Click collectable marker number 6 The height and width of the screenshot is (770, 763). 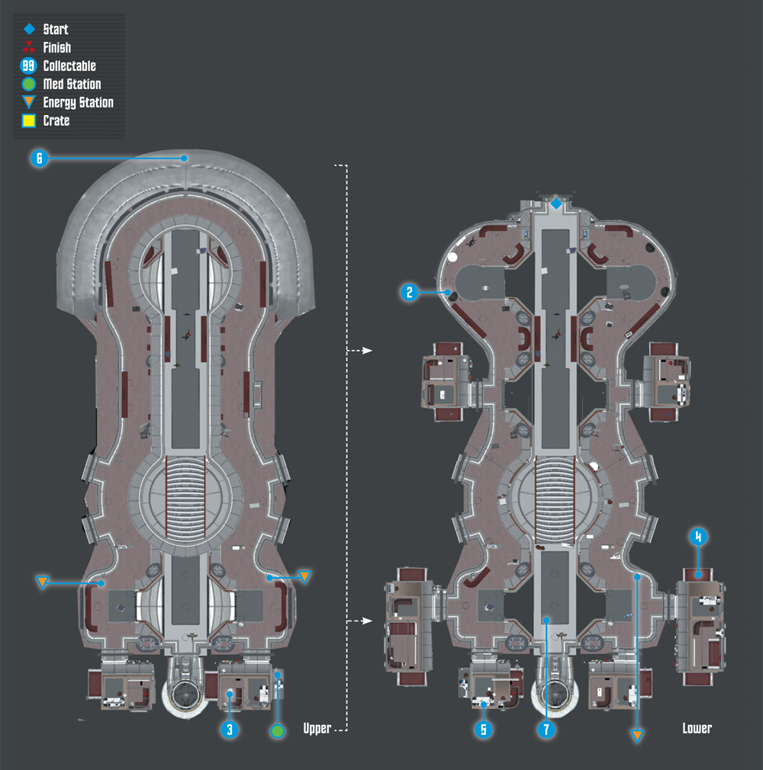[x=40, y=158]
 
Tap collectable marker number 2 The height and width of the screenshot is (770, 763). [x=409, y=293]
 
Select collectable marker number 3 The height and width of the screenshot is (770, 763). [x=230, y=730]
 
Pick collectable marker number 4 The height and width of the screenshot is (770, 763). [x=698, y=537]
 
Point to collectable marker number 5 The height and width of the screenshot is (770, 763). [x=484, y=730]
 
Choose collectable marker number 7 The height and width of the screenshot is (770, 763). [x=546, y=730]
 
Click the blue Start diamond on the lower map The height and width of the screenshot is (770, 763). [x=556, y=204]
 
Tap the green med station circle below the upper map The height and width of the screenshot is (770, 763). [x=278, y=731]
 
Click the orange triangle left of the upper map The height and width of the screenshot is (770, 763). [x=42, y=582]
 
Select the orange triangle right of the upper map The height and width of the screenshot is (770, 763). [x=304, y=576]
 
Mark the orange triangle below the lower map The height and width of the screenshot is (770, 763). [x=637, y=735]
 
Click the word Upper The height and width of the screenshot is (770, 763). [x=317, y=729]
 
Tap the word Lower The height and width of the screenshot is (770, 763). [x=697, y=728]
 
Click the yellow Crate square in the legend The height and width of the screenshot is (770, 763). [x=29, y=120]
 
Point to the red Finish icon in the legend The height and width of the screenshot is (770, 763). [x=29, y=47]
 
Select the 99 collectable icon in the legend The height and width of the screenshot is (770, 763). [x=28, y=66]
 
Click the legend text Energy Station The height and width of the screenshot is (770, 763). [x=78, y=103]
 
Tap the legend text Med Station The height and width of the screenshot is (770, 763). [x=72, y=84]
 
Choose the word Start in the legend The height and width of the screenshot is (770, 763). [x=56, y=30]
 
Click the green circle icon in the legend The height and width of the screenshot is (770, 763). [x=29, y=84]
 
